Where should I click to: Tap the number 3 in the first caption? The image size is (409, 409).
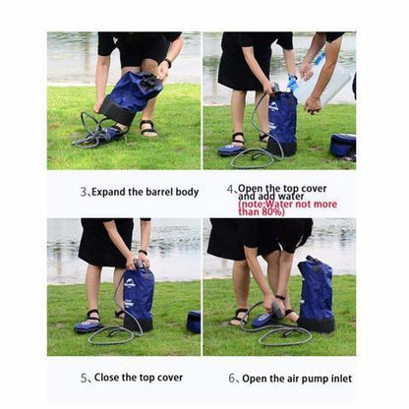pyautogui.click(x=84, y=192)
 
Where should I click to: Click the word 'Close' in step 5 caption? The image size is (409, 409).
pyautogui.click(x=109, y=378)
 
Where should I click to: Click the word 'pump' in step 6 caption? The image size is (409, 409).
pyautogui.click(x=306, y=378)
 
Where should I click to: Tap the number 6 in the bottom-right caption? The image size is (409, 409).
pyautogui.click(x=232, y=378)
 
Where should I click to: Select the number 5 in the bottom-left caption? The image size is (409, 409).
pyautogui.click(x=84, y=378)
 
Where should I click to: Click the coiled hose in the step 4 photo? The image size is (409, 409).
pyautogui.click(x=258, y=154)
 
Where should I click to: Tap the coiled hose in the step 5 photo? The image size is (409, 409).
pyautogui.click(x=113, y=334)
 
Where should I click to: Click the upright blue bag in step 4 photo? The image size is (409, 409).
pyautogui.click(x=282, y=118)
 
